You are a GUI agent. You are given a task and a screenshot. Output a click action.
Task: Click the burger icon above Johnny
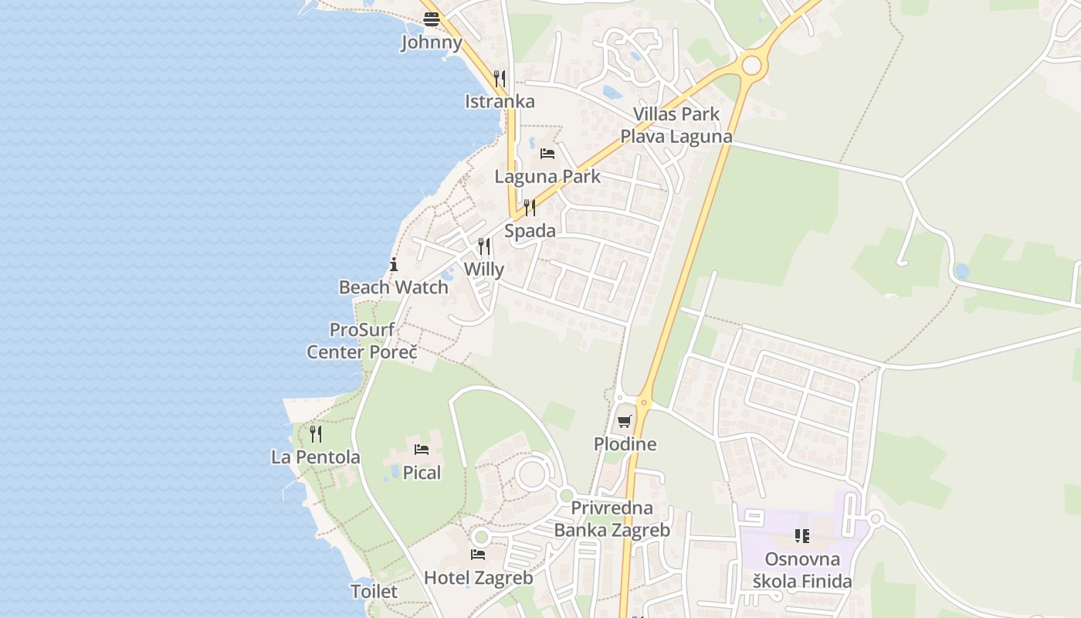(x=431, y=20)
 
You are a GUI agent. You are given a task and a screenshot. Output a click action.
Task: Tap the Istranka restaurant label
(x=500, y=101)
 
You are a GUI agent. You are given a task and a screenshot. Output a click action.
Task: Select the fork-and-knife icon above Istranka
(x=500, y=78)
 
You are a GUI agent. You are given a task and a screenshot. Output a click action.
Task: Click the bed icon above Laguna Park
(x=547, y=153)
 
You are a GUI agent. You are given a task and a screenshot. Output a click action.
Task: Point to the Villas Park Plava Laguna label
(x=676, y=125)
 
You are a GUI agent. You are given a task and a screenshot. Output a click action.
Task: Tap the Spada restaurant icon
(x=530, y=207)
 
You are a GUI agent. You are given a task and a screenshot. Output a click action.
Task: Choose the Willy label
(x=484, y=270)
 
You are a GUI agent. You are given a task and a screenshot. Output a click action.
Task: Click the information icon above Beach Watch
(x=394, y=264)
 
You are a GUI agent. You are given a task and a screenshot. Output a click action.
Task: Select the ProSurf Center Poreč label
(x=362, y=341)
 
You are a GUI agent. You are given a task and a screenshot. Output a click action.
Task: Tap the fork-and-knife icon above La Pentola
(x=315, y=433)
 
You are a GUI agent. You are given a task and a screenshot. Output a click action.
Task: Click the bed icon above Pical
(x=422, y=449)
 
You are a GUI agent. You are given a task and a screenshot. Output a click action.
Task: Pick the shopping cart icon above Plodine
(x=625, y=421)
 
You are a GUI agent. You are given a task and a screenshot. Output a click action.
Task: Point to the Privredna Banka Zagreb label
(x=612, y=519)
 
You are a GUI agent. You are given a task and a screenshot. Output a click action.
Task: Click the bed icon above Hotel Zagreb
(x=478, y=554)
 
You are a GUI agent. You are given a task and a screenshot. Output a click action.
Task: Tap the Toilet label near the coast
(x=374, y=592)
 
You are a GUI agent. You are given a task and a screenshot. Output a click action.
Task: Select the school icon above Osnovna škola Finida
(x=802, y=535)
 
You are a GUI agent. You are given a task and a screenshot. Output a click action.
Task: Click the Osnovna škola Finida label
(x=802, y=570)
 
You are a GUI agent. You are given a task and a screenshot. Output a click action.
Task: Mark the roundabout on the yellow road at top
(x=751, y=65)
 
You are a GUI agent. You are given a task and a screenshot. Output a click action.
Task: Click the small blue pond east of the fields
(x=961, y=271)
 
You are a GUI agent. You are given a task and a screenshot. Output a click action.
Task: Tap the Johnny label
(x=431, y=42)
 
